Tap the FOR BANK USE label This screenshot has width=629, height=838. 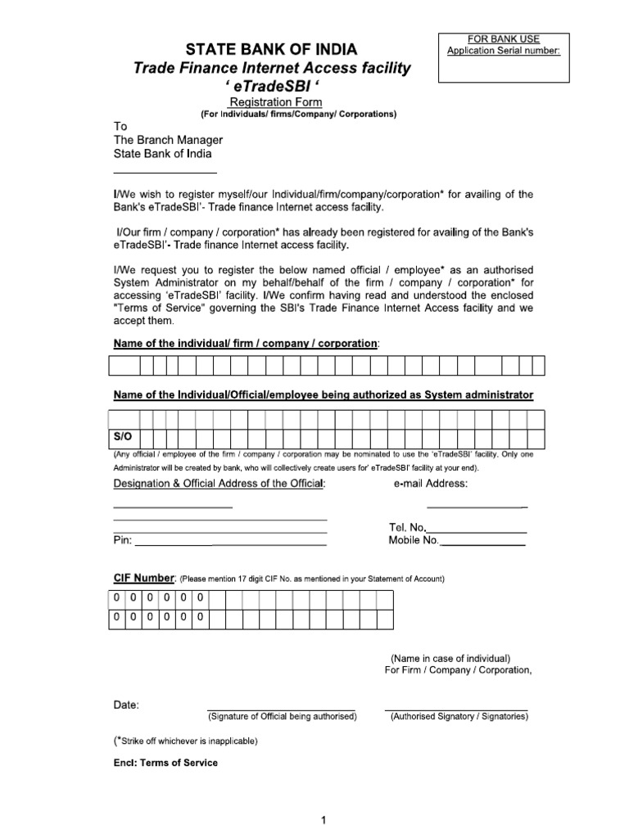(503, 38)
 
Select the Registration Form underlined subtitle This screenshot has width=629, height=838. (276, 101)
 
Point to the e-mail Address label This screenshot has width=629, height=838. (431, 484)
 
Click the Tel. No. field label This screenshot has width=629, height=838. (407, 528)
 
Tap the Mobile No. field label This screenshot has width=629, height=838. (414, 541)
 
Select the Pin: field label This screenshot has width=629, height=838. (122, 541)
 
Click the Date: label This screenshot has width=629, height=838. (126, 705)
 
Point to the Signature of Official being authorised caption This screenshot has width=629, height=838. (282, 717)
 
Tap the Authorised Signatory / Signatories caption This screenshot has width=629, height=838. (459, 717)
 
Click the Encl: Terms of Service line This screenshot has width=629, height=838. (165, 763)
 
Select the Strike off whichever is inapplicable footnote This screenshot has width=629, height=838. (186, 741)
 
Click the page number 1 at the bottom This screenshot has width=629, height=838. (324, 820)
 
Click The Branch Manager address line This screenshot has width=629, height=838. (168, 140)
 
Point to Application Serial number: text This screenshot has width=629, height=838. (503, 51)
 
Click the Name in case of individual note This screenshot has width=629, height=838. (450, 658)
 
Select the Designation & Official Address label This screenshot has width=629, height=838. (219, 484)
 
